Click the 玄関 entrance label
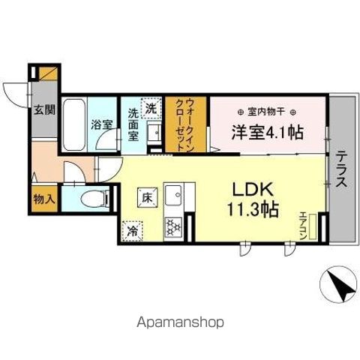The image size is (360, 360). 44,109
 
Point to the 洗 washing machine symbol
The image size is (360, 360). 152,108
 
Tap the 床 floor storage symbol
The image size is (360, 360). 146,197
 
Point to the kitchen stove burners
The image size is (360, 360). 172,225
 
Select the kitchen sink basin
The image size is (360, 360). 174,196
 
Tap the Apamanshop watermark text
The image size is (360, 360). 179,322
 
